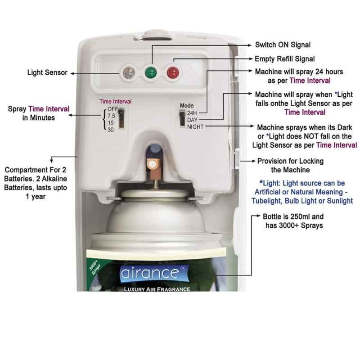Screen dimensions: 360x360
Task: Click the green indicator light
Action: click(151, 72)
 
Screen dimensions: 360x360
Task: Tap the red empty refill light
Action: click(173, 72)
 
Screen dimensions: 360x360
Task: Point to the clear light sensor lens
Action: click(129, 72)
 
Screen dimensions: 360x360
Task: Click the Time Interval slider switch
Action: click(121, 118)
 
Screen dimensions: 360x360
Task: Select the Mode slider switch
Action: click(182, 118)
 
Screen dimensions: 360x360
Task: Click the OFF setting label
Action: click(113, 109)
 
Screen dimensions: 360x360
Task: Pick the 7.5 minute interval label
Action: click(111, 116)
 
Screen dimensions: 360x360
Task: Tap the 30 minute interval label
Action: click(111, 130)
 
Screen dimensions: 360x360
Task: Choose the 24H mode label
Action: click(192, 113)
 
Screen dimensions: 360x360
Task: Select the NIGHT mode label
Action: click(195, 127)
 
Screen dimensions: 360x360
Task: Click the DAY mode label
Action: click(193, 120)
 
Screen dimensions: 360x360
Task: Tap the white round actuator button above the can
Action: click(152, 164)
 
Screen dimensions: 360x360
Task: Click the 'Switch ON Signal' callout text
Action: click(283, 45)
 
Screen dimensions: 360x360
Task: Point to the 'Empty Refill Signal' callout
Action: click(285, 59)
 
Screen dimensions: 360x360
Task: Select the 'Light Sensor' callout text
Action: click(47, 72)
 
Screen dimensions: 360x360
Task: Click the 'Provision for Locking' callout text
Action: click(290, 166)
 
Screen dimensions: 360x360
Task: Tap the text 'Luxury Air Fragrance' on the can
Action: click(157, 289)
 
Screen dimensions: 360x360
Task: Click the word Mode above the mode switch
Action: click(187, 106)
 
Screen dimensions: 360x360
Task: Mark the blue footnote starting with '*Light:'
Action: click(302, 192)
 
